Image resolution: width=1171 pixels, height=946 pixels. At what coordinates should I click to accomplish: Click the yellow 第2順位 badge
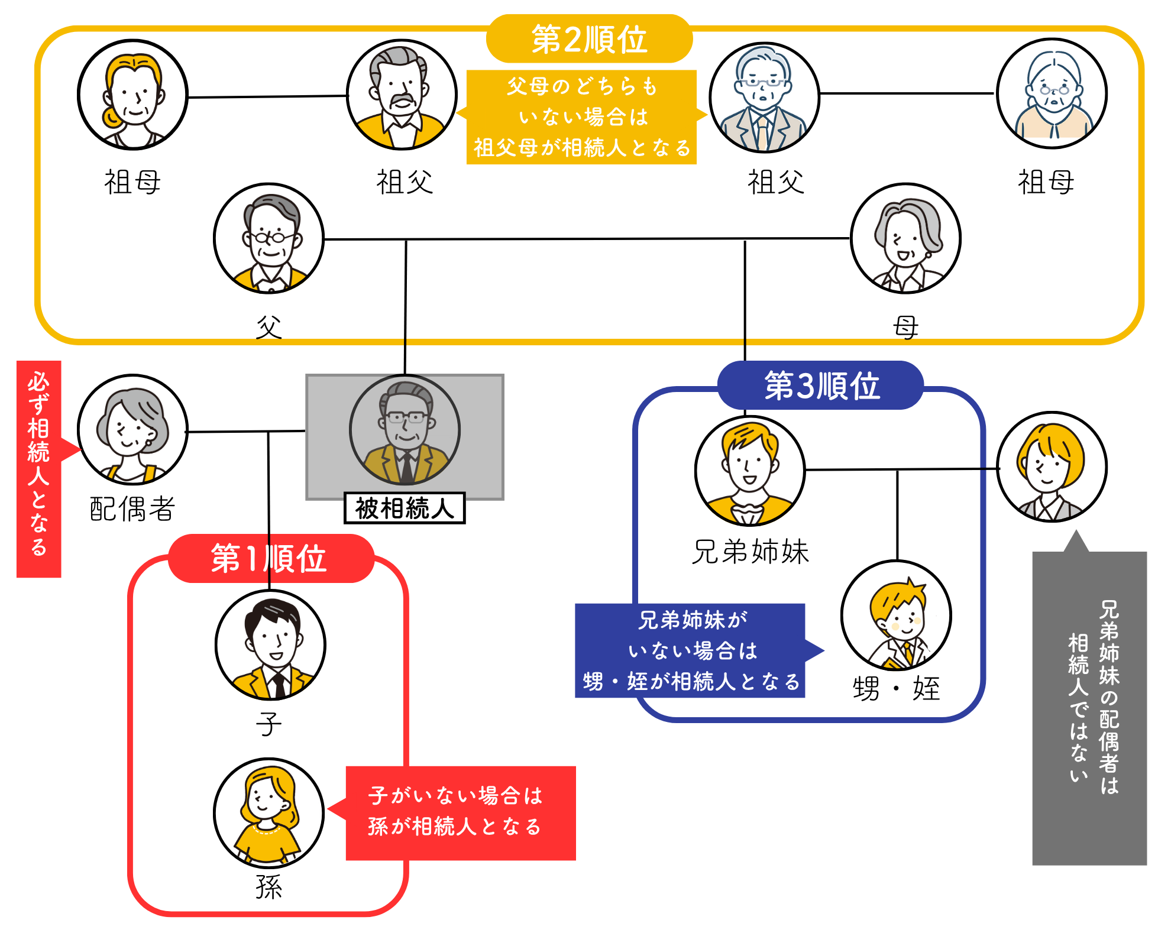click(589, 39)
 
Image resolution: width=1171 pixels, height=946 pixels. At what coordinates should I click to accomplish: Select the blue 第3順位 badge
click(821, 385)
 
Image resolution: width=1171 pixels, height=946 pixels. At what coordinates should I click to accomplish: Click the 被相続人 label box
click(405, 508)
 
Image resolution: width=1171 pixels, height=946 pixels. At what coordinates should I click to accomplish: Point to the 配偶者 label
click(132, 508)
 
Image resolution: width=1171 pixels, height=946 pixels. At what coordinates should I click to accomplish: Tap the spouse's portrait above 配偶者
click(132, 430)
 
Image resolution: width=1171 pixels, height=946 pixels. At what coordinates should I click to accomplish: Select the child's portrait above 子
click(270, 645)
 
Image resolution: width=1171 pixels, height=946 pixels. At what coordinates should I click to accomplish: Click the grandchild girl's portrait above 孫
click(269, 813)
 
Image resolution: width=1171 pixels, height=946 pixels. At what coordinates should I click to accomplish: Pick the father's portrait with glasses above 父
click(269, 238)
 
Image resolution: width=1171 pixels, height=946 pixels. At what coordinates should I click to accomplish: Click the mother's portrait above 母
click(905, 238)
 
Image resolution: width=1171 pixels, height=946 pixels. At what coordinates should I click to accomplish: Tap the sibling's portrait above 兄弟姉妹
click(750, 471)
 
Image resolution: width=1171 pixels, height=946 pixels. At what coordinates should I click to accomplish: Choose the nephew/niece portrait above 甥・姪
click(896, 615)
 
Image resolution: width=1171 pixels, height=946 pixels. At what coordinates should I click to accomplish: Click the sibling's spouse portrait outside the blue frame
click(1052, 467)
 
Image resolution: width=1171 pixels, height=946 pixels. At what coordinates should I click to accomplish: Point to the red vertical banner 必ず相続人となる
click(39, 468)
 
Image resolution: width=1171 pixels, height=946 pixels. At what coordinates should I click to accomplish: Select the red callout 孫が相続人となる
click(460, 812)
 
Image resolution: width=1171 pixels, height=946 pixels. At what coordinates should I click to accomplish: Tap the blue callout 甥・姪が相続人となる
click(690, 650)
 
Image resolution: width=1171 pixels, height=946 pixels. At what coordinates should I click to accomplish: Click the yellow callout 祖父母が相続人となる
click(581, 117)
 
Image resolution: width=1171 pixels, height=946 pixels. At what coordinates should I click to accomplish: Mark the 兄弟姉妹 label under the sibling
click(750, 552)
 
